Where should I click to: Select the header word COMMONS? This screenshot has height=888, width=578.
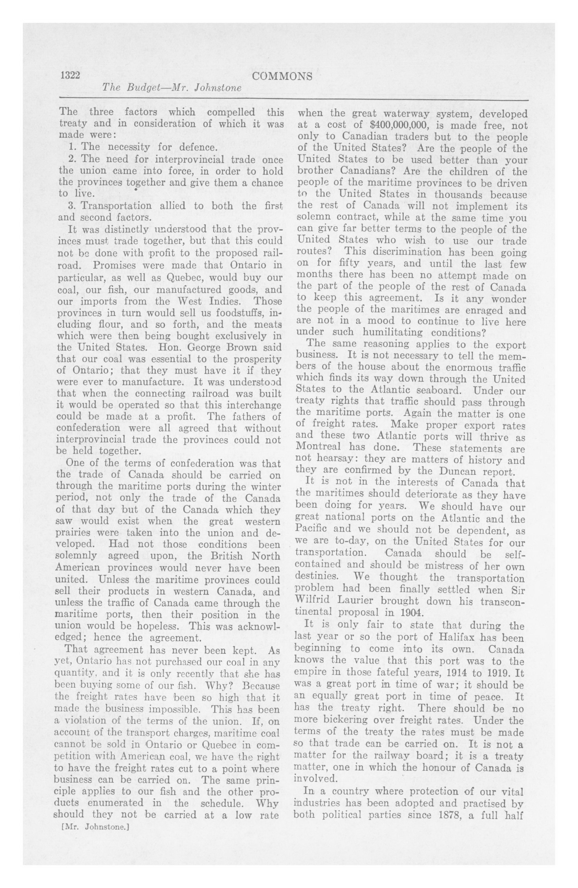pos(282,76)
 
